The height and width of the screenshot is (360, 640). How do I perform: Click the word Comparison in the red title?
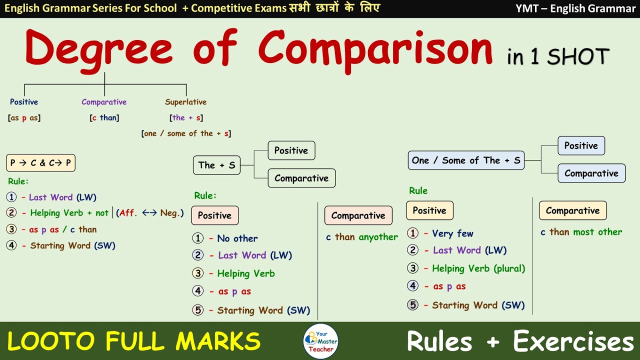(375, 49)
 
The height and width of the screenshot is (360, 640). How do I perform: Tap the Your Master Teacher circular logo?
(320, 341)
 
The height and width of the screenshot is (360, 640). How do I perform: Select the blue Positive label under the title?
(24, 102)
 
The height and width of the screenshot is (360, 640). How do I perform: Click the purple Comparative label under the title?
(104, 102)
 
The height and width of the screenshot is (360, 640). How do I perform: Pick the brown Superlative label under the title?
(185, 102)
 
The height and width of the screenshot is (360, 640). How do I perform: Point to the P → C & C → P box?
(41, 163)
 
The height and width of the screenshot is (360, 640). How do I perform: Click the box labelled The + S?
(216, 165)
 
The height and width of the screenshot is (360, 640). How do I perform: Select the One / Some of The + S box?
(466, 160)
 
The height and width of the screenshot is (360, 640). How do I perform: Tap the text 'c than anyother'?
(362, 237)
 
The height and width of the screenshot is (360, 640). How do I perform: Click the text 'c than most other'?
(581, 232)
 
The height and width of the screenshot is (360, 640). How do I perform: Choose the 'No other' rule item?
(237, 238)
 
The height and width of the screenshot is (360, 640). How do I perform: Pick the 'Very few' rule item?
(452, 233)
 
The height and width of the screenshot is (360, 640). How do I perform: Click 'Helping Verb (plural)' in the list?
(478, 268)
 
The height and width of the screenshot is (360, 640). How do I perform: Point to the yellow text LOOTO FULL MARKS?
(133, 341)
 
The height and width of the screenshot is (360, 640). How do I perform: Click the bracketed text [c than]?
(104, 118)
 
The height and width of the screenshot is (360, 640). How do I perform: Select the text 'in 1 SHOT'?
(558, 56)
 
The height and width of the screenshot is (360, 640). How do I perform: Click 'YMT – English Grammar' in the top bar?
(575, 8)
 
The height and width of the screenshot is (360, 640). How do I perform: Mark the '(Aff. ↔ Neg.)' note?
(150, 213)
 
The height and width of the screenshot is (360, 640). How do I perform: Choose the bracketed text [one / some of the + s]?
(186, 133)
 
